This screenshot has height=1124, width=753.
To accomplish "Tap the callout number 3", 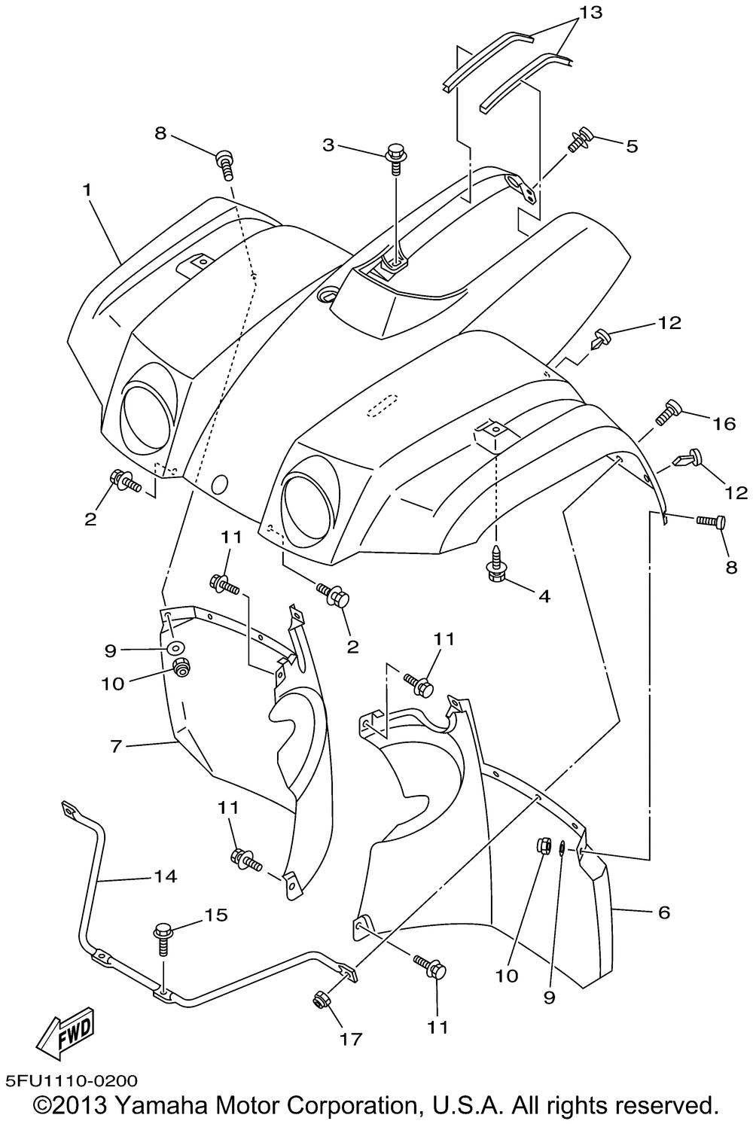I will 328,145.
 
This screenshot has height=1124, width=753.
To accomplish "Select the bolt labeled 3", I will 395,157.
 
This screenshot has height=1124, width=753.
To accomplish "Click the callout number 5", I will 631,146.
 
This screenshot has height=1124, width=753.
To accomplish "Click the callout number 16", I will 724,425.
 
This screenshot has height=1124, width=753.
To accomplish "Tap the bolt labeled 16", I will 669,413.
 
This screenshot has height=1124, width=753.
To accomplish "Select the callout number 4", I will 543,596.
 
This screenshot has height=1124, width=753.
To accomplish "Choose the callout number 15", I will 216,915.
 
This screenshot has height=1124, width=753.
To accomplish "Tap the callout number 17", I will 352,1039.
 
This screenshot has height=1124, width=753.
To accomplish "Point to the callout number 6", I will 663,912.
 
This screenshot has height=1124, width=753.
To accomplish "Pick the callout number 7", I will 115,746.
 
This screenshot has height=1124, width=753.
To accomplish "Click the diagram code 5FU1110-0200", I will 70,1081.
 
